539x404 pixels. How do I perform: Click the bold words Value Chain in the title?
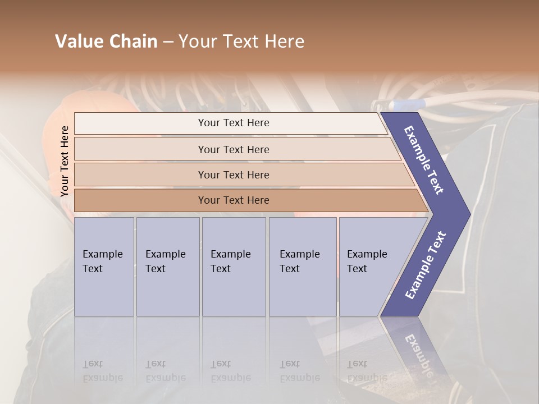(106, 42)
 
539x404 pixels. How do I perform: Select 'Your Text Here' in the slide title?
(241, 42)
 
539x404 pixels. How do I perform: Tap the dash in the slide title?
(168, 42)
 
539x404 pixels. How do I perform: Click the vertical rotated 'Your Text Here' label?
(65, 161)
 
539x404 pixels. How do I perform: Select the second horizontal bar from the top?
(233, 149)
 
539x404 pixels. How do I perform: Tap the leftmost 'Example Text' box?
(104, 267)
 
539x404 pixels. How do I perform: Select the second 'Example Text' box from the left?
(168, 267)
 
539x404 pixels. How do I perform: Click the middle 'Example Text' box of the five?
(234, 267)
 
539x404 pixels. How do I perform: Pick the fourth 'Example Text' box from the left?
(303, 267)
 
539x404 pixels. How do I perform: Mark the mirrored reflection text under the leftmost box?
(103, 371)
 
